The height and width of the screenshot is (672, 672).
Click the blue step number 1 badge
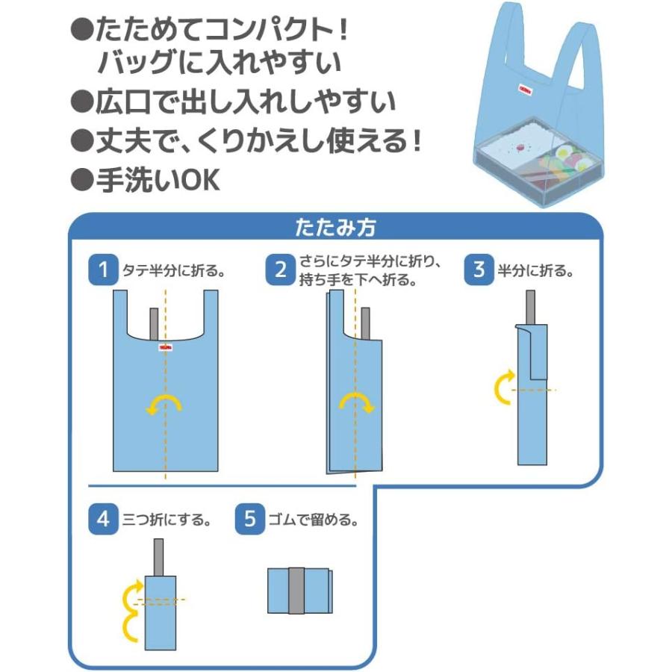[x=103, y=270]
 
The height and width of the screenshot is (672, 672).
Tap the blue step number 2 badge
[x=281, y=270]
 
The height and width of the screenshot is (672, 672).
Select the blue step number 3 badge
[x=479, y=270]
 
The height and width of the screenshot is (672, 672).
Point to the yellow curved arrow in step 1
[x=164, y=404]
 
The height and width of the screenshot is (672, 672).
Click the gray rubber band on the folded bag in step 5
[x=296, y=591]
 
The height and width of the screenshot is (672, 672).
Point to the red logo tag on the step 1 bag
[x=166, y=346]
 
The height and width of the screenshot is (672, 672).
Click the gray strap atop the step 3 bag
[x=530, y=308]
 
